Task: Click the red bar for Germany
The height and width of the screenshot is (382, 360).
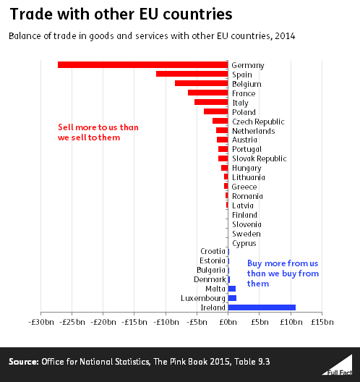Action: [142, 65]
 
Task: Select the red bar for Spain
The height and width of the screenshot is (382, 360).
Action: [192, 75]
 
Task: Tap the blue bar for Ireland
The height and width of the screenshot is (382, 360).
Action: [262, 307]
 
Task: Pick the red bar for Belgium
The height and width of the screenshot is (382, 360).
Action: [201, 84]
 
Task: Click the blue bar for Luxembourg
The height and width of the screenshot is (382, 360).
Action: [232, 298]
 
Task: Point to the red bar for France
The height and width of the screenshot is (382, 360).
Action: [207, 93]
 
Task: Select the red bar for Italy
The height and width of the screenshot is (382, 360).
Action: [211, 102]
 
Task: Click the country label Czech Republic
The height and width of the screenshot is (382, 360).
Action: [258, 122]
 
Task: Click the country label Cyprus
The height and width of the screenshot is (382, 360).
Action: [244, 243]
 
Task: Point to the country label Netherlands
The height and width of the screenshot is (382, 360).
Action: [253, 131]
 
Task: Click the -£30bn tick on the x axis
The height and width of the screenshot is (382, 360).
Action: [42, 321]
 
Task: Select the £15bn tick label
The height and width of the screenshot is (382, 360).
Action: [322, 321]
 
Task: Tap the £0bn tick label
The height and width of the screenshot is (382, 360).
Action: [228, 321]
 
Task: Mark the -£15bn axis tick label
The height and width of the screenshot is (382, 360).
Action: [135, 321]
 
